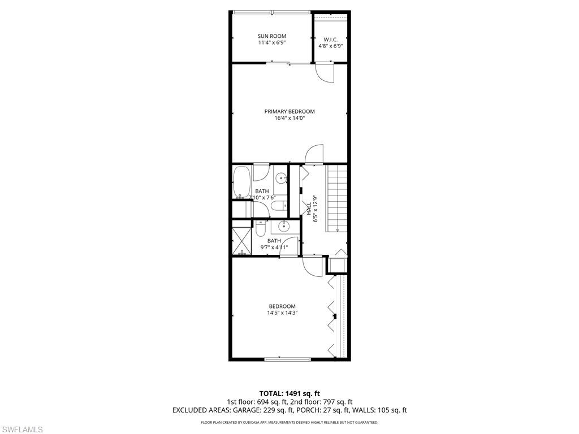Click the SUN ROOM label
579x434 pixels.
click(x=272, y=36)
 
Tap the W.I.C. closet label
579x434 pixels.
click(x=331, y=39)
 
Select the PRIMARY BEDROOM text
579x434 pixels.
click(x=289, y=111)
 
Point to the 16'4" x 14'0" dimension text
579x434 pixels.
click(x=289, y=119)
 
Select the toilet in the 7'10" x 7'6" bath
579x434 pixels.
click(x=277, y=208)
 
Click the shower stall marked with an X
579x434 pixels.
click(x=242, y=240)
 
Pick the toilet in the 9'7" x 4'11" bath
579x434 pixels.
click(x=261, y=228)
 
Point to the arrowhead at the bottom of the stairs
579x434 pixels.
click(x=337, y=229)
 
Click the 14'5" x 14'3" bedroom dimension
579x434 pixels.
click(x=282, y=313)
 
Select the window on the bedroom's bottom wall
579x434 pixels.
click(x=287, y=358)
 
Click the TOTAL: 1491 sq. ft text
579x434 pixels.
click(x=289, y=393)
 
